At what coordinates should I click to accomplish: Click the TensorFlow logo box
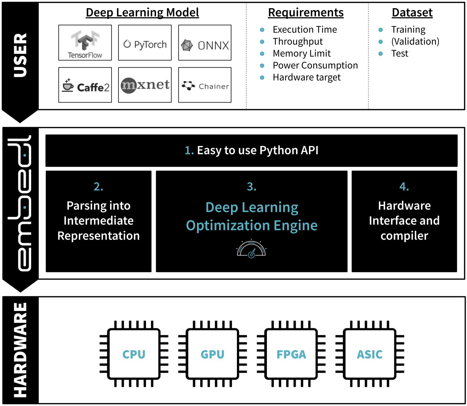click(85, 43)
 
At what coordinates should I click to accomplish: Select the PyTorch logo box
click(145, 43)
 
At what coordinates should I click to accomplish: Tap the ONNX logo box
click(205, 43)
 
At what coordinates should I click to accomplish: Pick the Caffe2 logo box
click(85, 85)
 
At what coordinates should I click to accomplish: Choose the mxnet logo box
click(145, 85)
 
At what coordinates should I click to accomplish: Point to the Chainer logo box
click(205, 85)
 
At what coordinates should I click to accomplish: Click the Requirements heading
click(306, 13)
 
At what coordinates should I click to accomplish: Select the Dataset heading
click(412, 13)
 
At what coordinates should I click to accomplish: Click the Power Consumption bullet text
click(315, 65)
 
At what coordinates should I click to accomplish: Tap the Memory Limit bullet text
click(301, 53)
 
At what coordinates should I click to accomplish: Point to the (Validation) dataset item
click(415, 42)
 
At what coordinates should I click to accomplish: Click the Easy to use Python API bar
click(251, 151)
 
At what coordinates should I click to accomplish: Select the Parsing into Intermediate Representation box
click(98, 221)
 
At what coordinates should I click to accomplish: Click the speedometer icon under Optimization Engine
click(251, 249)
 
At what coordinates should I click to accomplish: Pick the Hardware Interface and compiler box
click(404, 221)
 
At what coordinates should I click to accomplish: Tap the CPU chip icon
click(134, 354)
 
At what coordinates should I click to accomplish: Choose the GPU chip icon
click(212, 354)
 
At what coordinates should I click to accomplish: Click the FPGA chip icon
click(291, 354)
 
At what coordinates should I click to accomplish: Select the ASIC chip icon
click(369, 354)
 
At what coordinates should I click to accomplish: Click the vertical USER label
click(20, 55)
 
